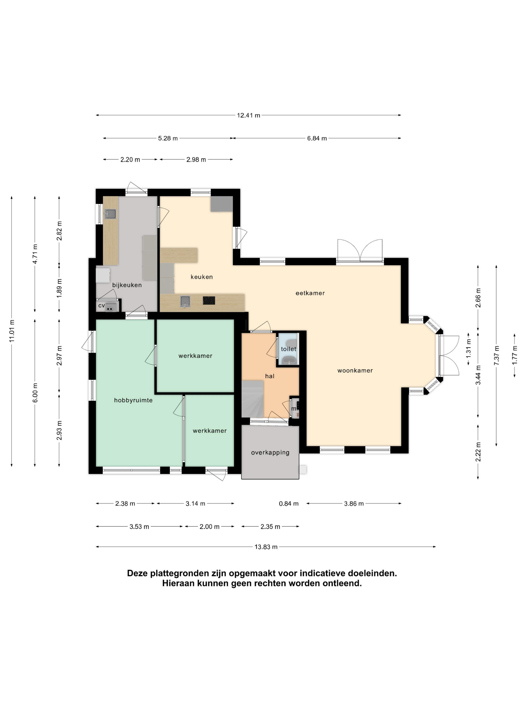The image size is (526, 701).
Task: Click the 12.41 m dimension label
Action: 248,115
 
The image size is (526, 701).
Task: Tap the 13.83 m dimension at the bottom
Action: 266,547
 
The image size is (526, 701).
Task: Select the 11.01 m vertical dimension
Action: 12,331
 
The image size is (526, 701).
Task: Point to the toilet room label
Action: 289,349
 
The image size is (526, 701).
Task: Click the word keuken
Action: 202,277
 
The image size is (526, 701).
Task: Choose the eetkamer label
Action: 310,293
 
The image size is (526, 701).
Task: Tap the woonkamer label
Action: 355,371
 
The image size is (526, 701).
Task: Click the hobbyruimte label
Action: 134,400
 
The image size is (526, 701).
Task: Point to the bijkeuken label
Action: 127,285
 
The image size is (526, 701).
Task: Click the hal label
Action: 270,376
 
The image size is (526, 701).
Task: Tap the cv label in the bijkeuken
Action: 101,305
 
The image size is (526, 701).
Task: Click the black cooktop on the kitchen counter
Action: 209,300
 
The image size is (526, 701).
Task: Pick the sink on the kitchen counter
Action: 186,301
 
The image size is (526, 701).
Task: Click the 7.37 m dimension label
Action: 496,356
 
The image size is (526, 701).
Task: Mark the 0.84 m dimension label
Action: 289,503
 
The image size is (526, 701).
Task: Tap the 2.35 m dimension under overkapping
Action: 270,527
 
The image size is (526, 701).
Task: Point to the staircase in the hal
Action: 253,399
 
